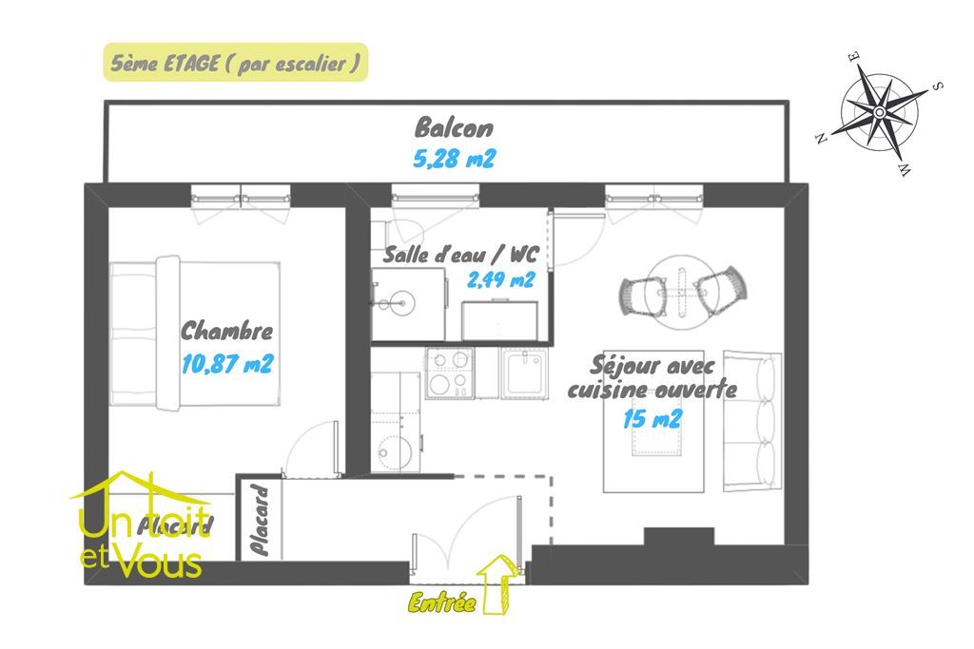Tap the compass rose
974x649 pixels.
point(879,112)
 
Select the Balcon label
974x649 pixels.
point(454,128)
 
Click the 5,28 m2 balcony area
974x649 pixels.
point(454,158)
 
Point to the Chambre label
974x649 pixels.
point(226,332)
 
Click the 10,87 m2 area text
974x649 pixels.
point(226,364)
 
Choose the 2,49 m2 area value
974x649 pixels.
point(500,279)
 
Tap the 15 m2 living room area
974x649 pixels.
point(652,419)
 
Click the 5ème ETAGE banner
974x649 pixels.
point(234,63)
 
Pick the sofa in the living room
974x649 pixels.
point(751,422)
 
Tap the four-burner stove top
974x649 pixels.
point(449,372)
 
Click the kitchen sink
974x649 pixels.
point(523,372)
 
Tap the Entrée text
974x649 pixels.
point(441,601)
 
